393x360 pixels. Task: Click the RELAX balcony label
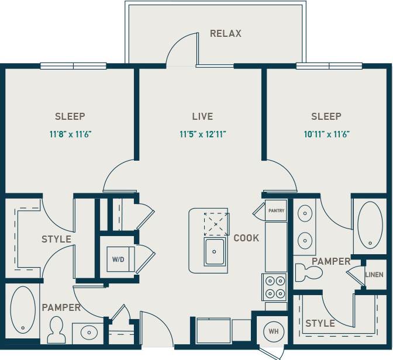[225, 33]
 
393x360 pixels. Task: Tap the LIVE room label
[202, 116]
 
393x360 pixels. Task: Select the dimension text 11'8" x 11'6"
[70, 134]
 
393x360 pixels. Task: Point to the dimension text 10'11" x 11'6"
[326, 134]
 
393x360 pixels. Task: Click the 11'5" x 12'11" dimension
[202, 134]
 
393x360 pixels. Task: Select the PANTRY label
[276, 210]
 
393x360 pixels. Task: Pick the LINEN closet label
[374, 275]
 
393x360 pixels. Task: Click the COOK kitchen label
[246, 238]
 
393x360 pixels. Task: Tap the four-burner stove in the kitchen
[275, 287]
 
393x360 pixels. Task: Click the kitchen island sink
[215, 252]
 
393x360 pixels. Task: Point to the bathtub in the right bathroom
[368, 225]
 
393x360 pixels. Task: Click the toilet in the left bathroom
[57, 331]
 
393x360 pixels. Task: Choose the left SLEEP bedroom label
[70, 116]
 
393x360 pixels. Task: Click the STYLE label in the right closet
[320, 323]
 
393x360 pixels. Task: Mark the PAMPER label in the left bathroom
[61, 307]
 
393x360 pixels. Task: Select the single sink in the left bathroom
[89, 333]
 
